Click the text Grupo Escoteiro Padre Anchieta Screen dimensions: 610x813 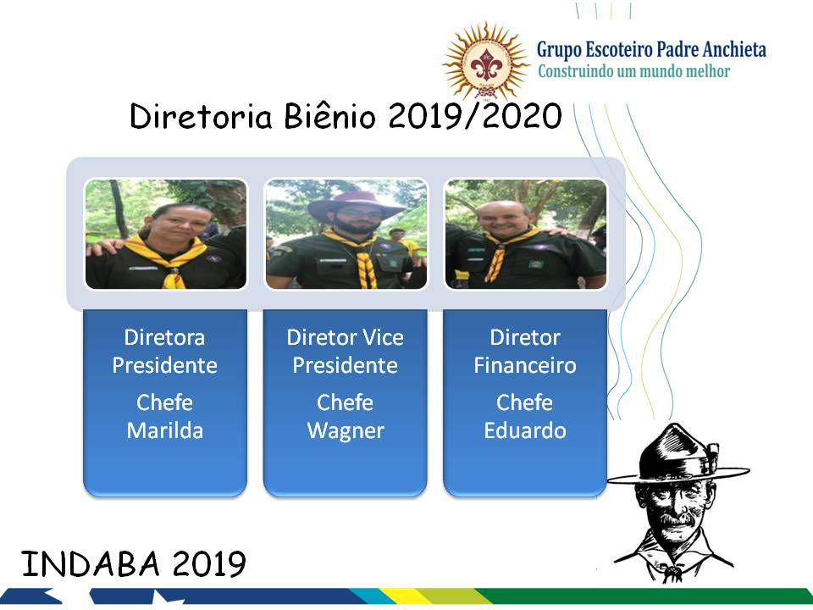651,49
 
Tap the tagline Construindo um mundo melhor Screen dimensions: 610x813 633,71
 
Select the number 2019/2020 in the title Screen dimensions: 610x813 475,117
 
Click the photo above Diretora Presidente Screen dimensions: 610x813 166,235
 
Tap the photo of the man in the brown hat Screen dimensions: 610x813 346,235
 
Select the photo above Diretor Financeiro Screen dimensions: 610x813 525,235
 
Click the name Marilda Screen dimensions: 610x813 165,430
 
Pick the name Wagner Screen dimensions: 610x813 346,430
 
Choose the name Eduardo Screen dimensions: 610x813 525,430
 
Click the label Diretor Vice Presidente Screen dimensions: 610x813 346,351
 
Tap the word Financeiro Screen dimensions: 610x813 525,365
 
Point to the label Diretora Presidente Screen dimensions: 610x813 165,351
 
